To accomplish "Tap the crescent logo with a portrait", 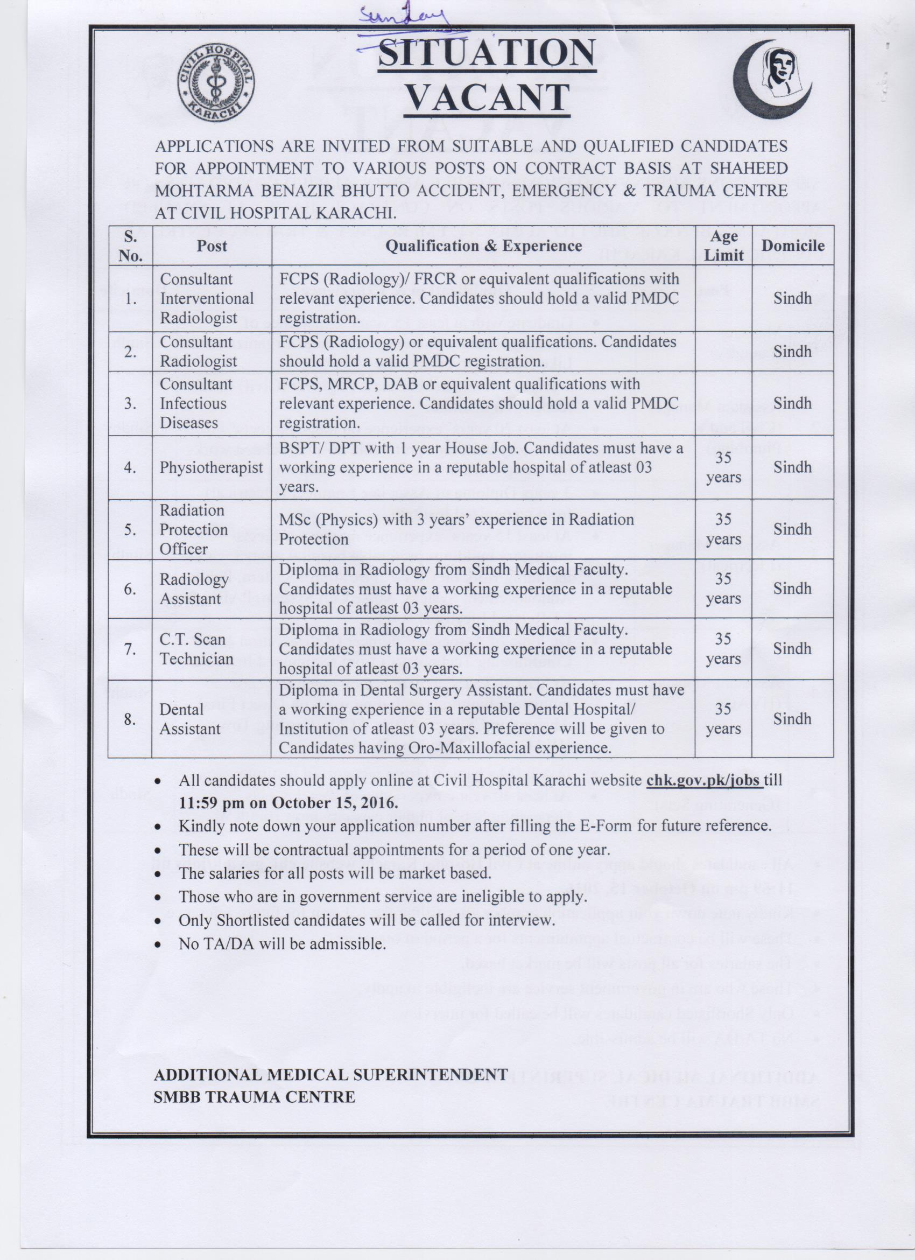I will pos(773,76).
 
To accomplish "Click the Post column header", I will pos(212,246).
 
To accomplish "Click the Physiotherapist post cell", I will pos(211,467).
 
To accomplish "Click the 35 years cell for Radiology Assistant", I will pos(723,589).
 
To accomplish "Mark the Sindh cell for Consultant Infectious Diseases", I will pos(792,403).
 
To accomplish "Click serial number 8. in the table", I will pos(130,719).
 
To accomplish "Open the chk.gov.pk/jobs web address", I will pos(703,780).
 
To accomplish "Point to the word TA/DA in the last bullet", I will pos(227,943).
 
